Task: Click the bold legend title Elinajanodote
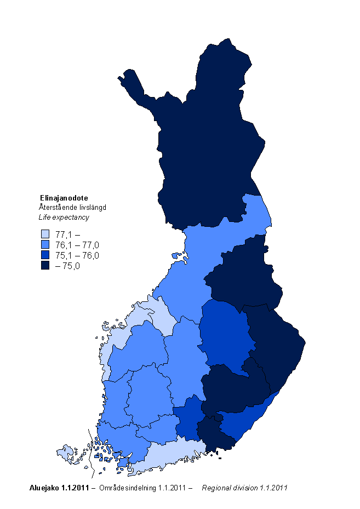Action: [64, 198]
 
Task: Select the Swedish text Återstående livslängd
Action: [72, 207]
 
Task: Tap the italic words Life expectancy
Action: [64, 217]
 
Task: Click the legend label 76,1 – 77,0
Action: [77, 245]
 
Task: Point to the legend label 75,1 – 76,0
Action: [77, 256]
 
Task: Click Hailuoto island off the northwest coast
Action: [177, 255]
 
